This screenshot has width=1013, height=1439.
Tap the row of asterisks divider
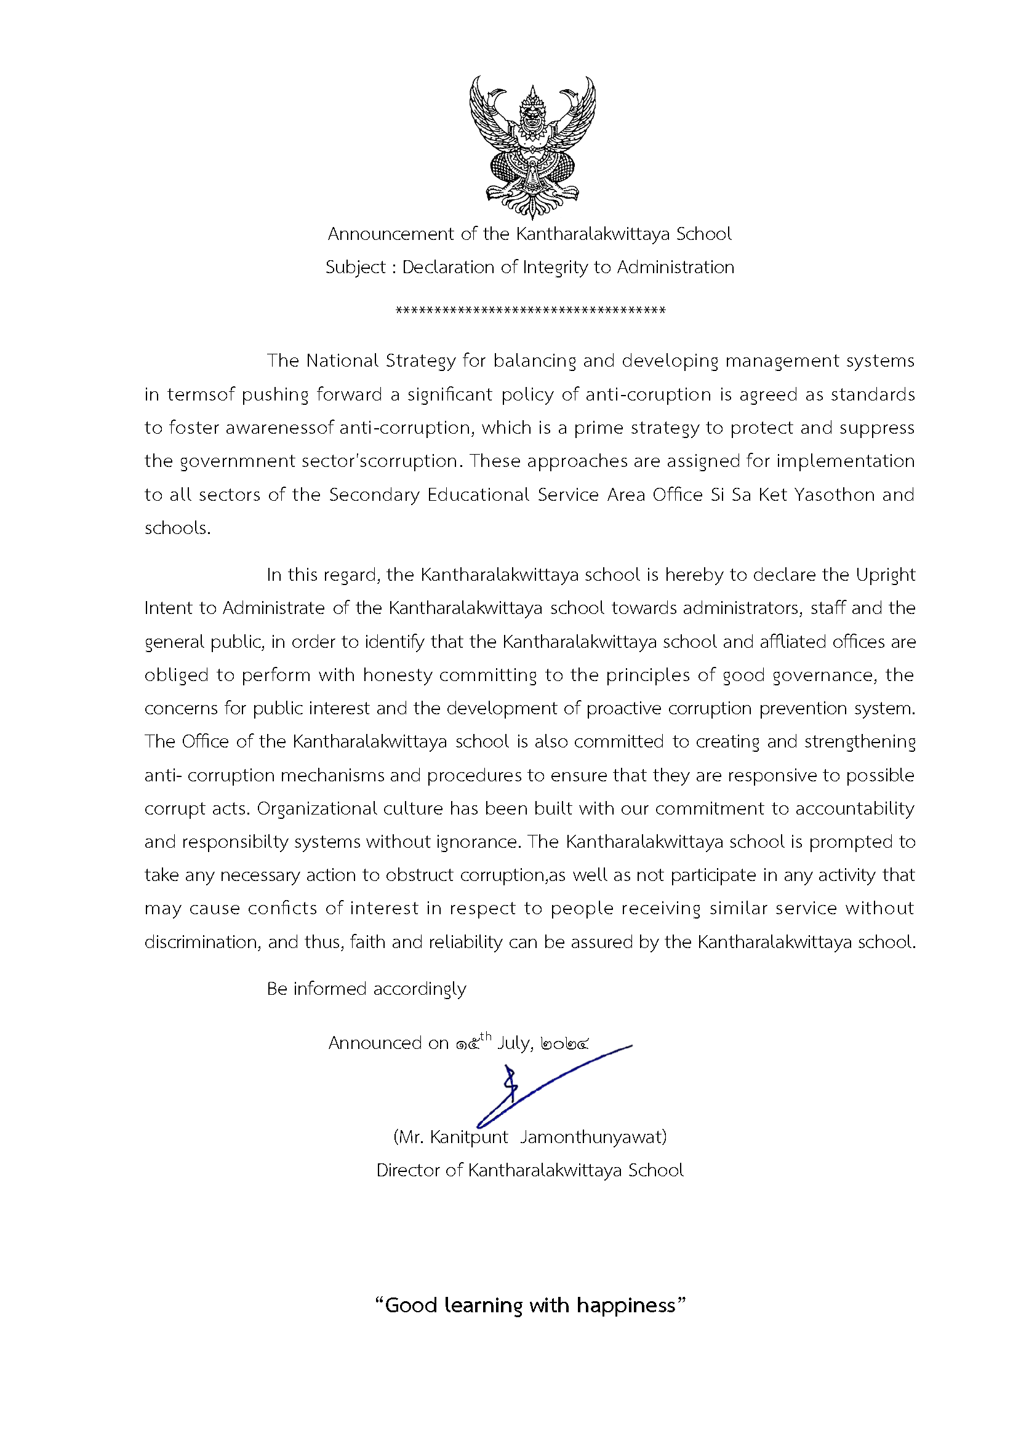tap(531, 310)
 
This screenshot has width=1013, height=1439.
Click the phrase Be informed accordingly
tap(366, 989)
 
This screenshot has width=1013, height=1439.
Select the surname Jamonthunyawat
tap(593, 1137)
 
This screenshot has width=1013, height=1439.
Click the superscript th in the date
tap(486, 1036)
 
